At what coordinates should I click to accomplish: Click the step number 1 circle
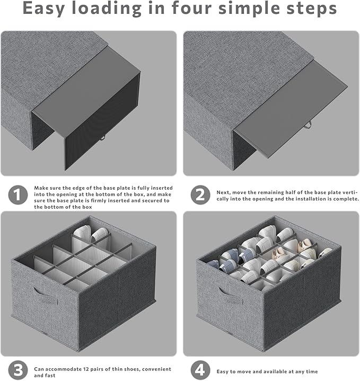17,194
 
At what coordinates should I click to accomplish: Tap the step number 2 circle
200,194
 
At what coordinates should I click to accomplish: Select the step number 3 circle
17,370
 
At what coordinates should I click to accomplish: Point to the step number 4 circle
200,370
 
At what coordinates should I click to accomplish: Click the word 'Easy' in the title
44,9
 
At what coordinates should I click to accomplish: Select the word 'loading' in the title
107,9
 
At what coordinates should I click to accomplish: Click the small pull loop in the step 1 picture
102,138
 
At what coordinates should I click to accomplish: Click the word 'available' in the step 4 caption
273,371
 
